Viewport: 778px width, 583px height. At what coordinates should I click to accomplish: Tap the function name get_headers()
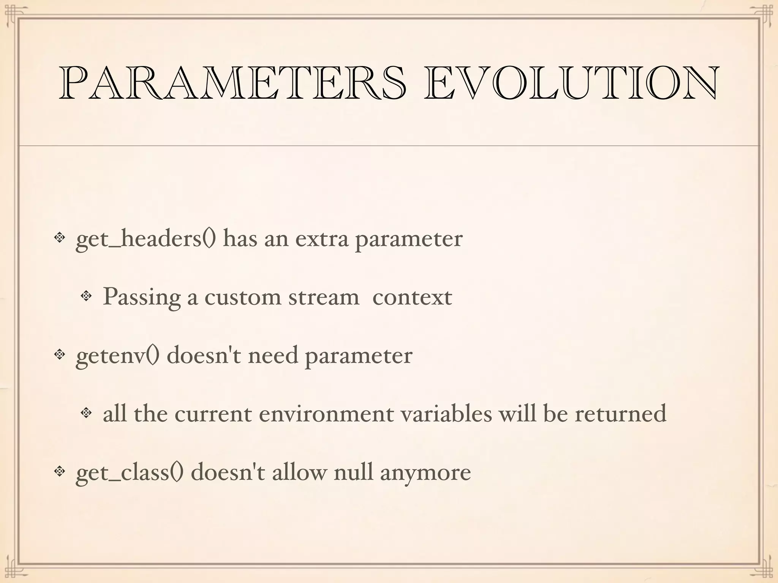[x=146, y=239]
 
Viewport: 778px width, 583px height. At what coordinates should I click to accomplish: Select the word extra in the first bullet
[x=322, y=239]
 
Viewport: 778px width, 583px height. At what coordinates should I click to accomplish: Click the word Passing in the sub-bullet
[x=141, y=297]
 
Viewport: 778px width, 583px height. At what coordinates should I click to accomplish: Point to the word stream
[x=324, y=297]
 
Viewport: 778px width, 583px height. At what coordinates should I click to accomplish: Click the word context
[x=412, y=297]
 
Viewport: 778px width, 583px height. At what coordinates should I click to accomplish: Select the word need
[x=273, y=356]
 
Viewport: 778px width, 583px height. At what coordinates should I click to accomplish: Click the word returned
[x=620, y=414]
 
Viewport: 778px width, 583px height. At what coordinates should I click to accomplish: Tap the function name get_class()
[x=130, y=473]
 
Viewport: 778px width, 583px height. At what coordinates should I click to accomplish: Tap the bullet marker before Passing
[x=86, y=296]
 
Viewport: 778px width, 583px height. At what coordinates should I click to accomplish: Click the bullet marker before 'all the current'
[x=86, y=413]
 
